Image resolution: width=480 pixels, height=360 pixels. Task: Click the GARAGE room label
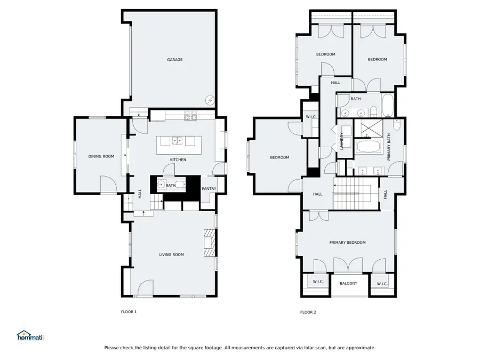pos(175,60)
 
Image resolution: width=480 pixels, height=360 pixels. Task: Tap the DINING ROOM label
pos(101,156)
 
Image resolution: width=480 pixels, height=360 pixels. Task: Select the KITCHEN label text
pos(178,160)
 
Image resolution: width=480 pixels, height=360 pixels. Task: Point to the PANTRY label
pos(209,188)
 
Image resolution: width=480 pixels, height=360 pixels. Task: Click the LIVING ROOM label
pos(171,255)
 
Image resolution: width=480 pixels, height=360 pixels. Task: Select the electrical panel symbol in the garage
pos(210,100)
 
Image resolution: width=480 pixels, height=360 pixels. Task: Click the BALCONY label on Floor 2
pos(348,283)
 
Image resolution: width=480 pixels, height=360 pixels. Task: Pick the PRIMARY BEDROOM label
pos(347,243)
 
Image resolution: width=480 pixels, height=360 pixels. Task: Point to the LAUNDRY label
pos(341,141)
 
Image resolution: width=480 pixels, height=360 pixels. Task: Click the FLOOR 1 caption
pos(129,312)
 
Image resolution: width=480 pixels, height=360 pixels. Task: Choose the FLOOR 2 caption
pos(308,312)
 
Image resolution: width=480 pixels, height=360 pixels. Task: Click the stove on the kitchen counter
pos(190,115)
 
